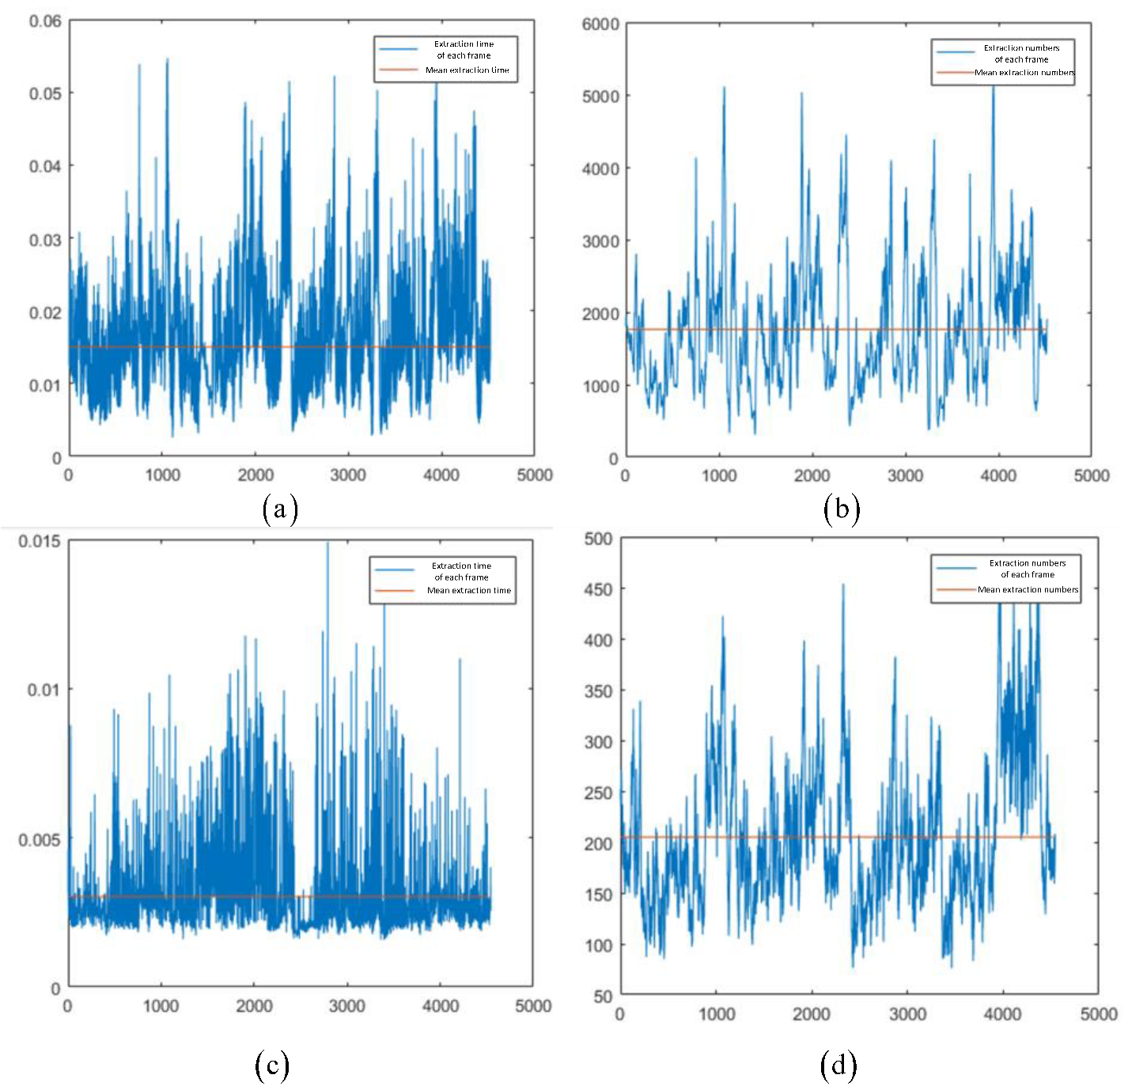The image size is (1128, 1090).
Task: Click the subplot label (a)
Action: [280, 509]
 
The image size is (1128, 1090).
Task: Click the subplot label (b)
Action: [841, 509]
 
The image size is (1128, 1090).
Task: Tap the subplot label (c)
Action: [272, 1065]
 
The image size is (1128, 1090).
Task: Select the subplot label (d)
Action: [838, 1065]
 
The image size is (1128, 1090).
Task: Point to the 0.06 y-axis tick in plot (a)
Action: [45, 21]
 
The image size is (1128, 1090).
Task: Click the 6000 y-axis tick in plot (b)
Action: [600, 25]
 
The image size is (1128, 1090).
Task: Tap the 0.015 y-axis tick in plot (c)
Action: [40, 541]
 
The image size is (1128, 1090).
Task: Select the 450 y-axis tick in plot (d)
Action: [598, 589]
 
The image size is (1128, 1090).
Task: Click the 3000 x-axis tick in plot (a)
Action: [348, 475]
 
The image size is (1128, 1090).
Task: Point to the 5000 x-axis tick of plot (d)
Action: [1099, 1014]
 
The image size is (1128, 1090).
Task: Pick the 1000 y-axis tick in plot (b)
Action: [600, 386]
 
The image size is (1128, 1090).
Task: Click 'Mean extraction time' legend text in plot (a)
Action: [467, 70]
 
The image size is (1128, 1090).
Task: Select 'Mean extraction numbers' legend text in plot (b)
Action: [1024, 73]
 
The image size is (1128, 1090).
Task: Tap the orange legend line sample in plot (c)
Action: [395, 590]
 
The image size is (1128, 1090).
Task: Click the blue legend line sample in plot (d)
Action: [956, 568]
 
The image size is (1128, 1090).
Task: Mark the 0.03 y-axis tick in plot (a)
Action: [45, 239]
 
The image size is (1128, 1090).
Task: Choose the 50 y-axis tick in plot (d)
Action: [603, 996]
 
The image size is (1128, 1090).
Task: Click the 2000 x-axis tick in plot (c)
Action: [254, 1006]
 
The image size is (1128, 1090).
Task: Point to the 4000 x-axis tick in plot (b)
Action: [998, 475]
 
